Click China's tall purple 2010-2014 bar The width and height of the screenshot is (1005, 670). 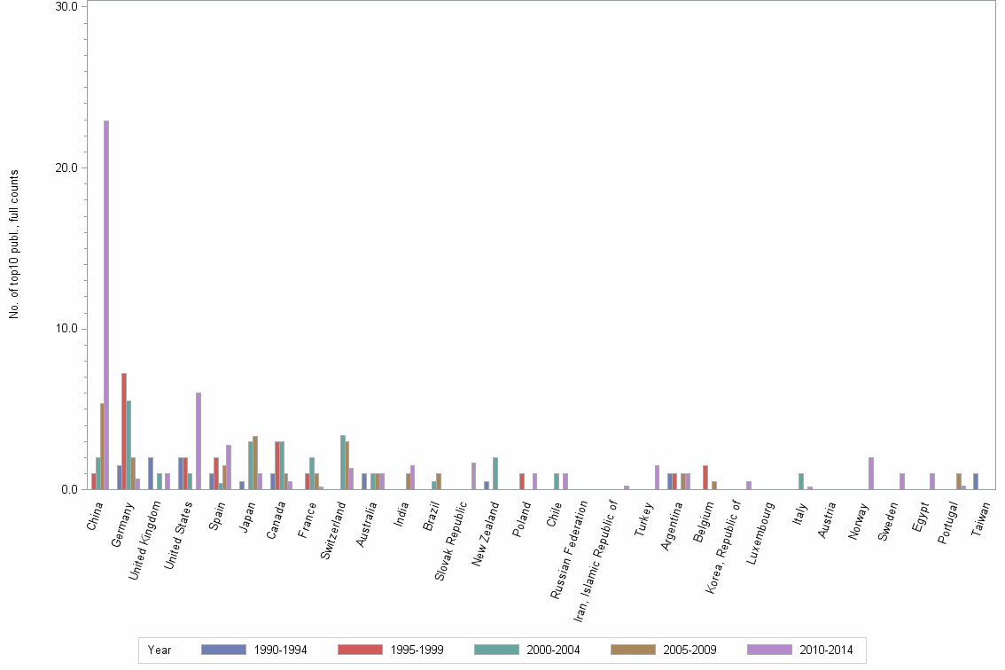pyautogui.click(x=106, y=305)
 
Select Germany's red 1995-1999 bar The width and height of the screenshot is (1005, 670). pyautogui.click(x=124, y=431)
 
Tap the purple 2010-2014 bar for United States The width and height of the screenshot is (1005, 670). pyautogui.click(x=199, y=440)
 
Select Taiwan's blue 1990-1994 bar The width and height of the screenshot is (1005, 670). pyautogui.click(x=976, y=481)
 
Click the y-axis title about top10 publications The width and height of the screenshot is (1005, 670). pyautogui.click(x=14, y=244)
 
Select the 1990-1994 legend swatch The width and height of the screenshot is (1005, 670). pyautogui.click(x=223, y=650)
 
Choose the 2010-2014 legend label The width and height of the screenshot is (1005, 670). pyautogui.click(x=825, y=650)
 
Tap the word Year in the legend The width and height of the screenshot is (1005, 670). pyautogui.click(x=160, y=650)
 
